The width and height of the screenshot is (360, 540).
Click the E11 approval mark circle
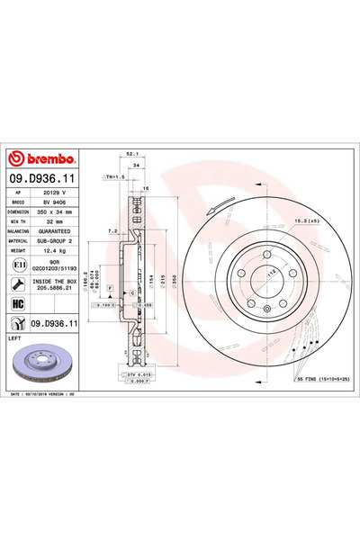pyautogui.click(x=19, y=266)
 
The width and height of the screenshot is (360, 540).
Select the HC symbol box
pyautogui.click(x=19, y=304)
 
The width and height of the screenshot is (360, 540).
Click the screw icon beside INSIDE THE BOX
pyautogui.click(x=19, y=284)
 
